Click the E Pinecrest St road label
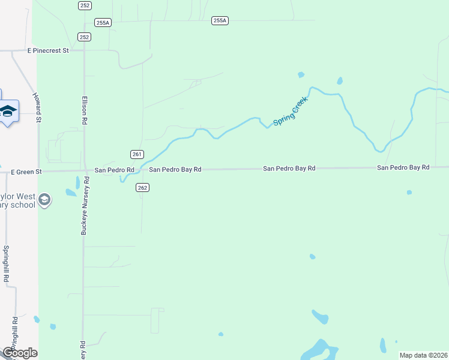48,51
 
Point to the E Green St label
26,172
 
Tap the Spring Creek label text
291,111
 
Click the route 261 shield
136,154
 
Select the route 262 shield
142,188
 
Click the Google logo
19,353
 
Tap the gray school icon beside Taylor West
44,199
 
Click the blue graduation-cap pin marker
8,112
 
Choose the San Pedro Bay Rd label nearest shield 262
174,170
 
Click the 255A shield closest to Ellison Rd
103,23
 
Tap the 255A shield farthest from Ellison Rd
220,20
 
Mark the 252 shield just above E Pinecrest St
84,37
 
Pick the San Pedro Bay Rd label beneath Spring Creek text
289,169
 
